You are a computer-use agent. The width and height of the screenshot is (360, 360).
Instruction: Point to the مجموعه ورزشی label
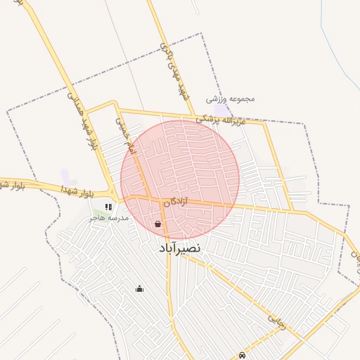coord(231,99)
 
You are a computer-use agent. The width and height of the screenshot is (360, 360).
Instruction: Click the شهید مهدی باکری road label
coord(174,71)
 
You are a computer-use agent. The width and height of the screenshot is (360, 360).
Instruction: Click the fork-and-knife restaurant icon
coord(108,207)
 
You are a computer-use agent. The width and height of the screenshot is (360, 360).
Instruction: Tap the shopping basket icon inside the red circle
coord(157,224)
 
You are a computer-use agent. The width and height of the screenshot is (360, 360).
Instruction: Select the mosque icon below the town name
coord(139,288)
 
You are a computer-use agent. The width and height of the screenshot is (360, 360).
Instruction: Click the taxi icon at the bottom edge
coord(243,355)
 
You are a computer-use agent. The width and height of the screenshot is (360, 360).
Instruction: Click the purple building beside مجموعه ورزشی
coord(221,111)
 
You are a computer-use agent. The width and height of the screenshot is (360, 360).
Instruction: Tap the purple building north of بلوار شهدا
coord(65,176)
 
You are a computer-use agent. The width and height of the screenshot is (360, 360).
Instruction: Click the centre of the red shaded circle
coord(180,179)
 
